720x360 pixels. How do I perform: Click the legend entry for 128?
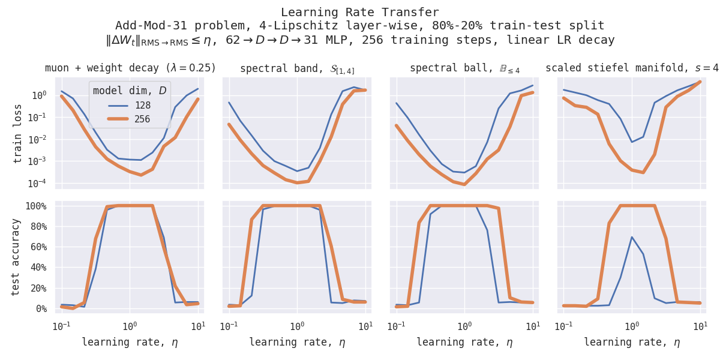point(141,106)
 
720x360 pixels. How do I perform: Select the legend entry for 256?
point(141,119)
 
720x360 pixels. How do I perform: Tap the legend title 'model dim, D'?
point(130,91)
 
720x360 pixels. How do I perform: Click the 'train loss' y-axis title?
point(18,133)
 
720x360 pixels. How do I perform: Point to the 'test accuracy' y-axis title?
point(16,256)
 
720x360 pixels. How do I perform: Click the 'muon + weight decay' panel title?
point(130,68)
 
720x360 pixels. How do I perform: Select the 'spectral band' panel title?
point(296,68)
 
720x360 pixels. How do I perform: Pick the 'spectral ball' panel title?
point(464,68)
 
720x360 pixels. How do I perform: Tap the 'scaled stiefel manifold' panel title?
point(632,68)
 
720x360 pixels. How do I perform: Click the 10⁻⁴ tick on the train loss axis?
point(37,184)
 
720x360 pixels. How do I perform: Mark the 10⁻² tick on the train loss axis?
point(37,139)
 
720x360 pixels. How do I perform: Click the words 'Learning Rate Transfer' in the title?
point(359,13)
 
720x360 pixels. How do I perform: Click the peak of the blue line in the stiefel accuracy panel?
point(632,237)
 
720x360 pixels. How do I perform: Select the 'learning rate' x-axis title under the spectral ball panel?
point(464,343)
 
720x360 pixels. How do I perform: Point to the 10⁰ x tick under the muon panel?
point(130,326)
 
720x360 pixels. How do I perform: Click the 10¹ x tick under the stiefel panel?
point(700,326)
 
